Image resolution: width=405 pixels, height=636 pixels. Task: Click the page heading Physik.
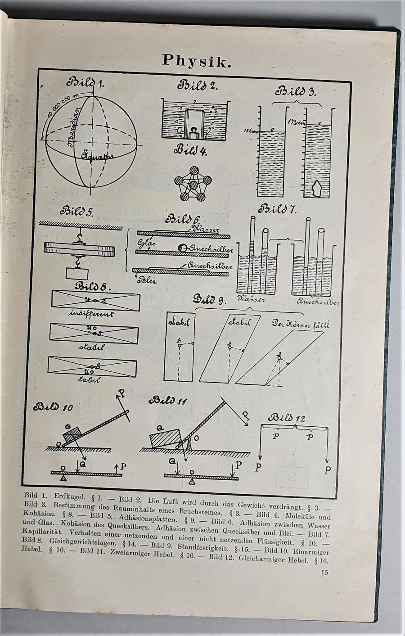tap(197, 60)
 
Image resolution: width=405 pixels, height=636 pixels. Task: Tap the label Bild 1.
tap(85, 83)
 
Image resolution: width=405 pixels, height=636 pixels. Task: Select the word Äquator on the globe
tap(97, 157)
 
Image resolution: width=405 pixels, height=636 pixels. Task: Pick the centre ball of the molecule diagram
tap(193, 185)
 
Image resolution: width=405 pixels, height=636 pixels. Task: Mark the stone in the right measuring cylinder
tap(317, 189)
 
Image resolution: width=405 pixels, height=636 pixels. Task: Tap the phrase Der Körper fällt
tap(300, 324)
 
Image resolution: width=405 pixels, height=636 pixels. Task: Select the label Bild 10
tap(53, 408)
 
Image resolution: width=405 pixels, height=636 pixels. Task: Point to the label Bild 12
tap(288, 418)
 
